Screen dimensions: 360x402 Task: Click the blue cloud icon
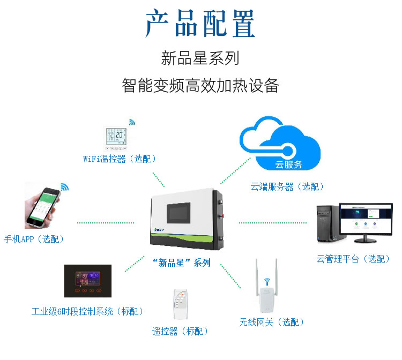[280, 147]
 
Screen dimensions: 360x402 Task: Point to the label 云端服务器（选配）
[287, 186]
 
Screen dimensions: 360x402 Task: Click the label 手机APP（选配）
[34, 239]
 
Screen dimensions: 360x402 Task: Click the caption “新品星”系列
[181, 262]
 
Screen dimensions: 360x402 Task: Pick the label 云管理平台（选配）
[353, 259]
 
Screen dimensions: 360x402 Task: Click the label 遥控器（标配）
[180, 332]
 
